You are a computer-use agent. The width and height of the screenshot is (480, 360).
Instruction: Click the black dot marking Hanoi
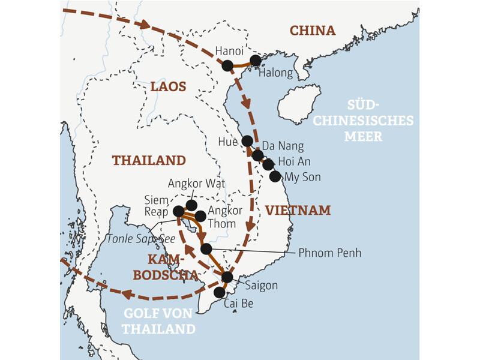[x=227, y=65]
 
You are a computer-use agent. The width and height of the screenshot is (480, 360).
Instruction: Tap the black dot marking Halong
[x=256, y=61]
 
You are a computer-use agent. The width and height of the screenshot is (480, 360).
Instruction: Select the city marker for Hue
[x=247, y=141]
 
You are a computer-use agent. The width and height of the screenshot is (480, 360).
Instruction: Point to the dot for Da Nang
[x=257, y=155]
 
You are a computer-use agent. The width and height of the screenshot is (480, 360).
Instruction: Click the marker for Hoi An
[x=268, y=164]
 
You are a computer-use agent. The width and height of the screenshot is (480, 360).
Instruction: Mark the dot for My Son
[x=275, y=176]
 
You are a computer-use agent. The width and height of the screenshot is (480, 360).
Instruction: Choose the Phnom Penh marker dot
[x=206, y=248]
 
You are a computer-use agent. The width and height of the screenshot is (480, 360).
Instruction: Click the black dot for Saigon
[x=227, y=277]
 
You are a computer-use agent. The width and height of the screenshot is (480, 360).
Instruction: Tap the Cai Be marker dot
[x=220, y=292]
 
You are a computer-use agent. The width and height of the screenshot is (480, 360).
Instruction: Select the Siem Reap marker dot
[x=179, y=211]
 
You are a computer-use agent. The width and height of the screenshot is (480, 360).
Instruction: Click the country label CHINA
[x=312, y=31]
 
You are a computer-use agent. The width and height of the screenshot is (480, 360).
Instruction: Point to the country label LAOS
[x=168, y=87]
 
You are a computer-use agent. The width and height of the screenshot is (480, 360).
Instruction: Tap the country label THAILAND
[x=149, y=160]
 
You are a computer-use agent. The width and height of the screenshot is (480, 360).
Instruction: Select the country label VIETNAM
[x=298, y=210]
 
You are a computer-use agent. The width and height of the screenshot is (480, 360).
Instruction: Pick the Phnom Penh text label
[x=329, y=253]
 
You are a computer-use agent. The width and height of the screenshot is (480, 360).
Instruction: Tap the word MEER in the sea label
[x=363, y=137]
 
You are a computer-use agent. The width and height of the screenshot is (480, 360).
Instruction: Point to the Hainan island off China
[x=299, y=103]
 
